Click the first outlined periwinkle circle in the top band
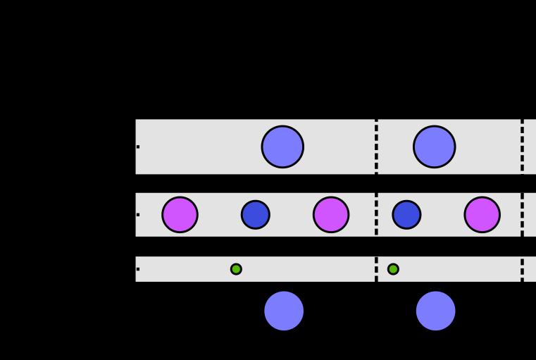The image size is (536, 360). (282, 147)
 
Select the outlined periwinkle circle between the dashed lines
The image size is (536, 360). (435, 147)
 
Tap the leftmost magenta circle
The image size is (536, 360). (180, 215)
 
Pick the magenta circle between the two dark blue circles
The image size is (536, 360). (331, 215)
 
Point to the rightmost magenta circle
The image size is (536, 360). (482, 215)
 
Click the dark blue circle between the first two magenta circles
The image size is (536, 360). (256, 215)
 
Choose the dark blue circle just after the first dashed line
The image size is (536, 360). (406, 215)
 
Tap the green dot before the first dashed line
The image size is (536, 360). (236, 269)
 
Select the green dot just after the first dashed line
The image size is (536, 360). (393, 269)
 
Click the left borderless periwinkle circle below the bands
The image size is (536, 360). (284, 311)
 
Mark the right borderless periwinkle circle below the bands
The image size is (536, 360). (436, 311)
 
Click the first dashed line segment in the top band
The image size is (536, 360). (376, 147)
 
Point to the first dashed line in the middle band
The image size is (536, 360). (376, 215)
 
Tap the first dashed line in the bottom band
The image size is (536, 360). (376, 269)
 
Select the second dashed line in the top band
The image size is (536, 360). (522, 147)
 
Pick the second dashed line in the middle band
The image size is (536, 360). (522, 215)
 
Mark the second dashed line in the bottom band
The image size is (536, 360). (522, 269)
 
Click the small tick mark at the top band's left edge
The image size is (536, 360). (138, 147)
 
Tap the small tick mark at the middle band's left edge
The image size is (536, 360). (138, 215)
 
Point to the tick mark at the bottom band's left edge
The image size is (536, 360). (138, 269)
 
